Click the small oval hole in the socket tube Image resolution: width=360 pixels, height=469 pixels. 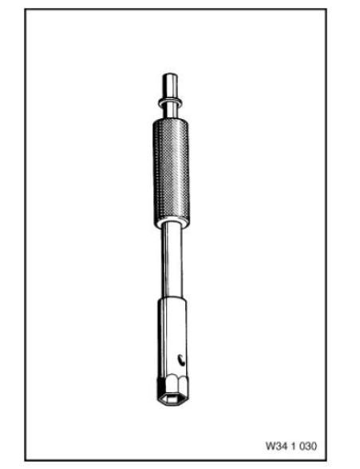[181, 360]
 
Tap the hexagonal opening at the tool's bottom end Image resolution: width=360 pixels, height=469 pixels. [172, 399]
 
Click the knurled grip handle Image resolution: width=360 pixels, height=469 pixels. [171, 173]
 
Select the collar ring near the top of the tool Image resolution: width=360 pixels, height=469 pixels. [171, 101]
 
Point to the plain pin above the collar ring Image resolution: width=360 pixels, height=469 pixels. [170, 85]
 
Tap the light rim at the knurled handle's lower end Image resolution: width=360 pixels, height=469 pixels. [172, 225]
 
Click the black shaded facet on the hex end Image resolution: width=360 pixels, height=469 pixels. [161, 388]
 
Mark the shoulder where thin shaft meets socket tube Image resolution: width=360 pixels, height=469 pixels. [172, 299]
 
